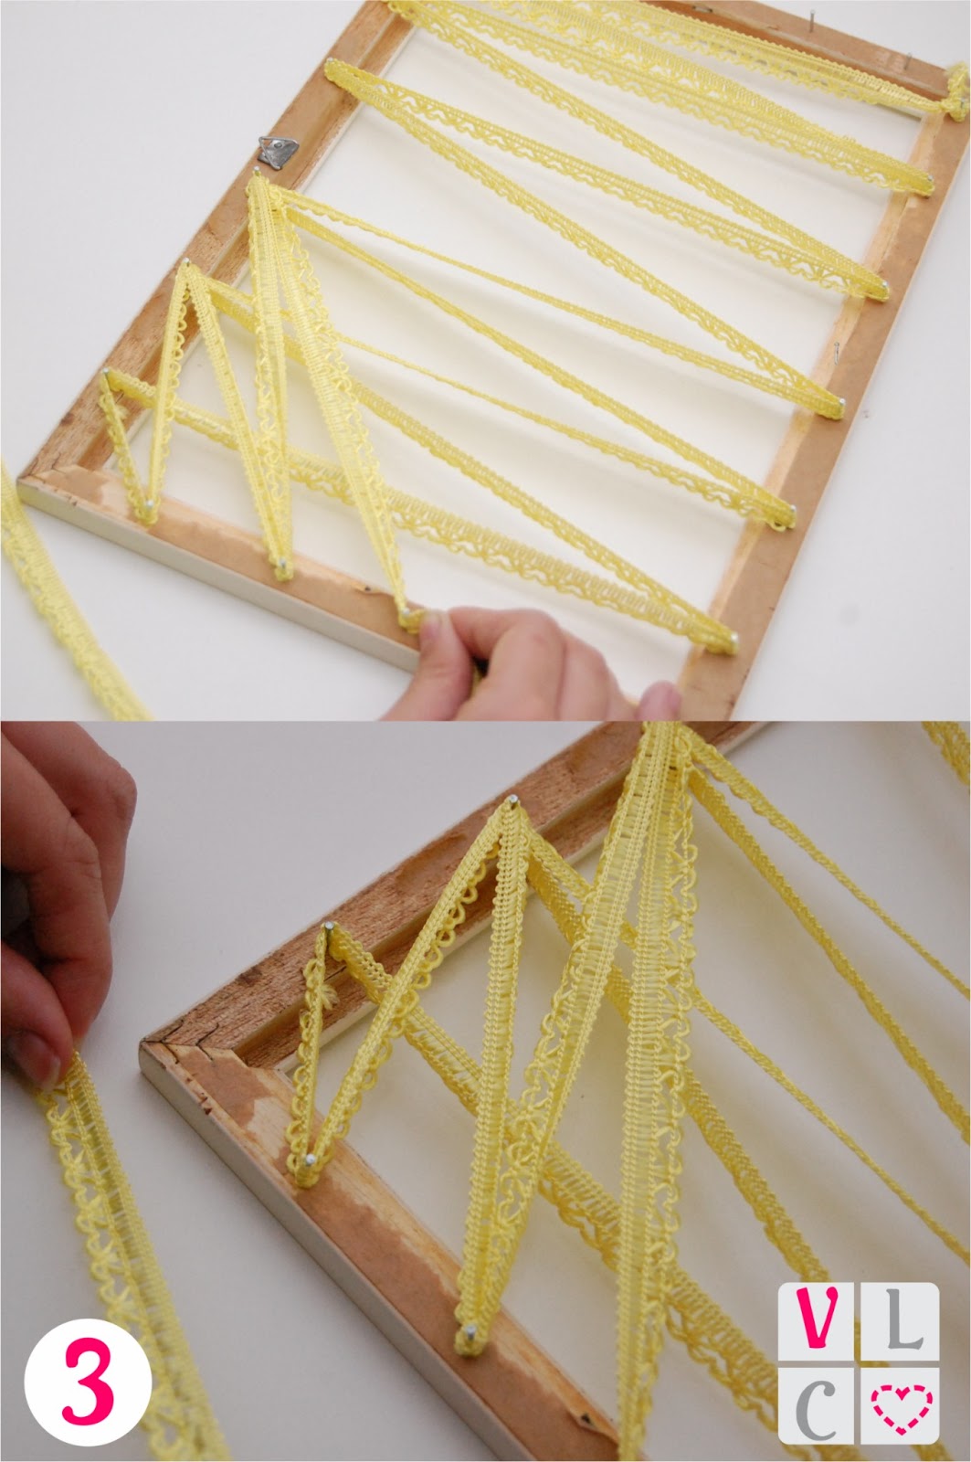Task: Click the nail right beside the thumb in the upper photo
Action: pos(406,614)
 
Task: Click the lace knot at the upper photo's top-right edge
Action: pos(958,91)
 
